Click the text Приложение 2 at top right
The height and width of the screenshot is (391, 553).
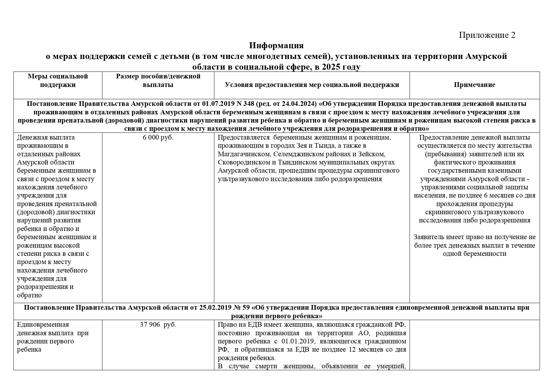487,35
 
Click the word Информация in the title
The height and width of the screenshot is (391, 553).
276,46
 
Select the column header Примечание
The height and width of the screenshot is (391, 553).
474,85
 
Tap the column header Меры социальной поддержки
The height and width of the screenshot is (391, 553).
58,80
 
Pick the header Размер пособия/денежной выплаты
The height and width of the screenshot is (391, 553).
158,80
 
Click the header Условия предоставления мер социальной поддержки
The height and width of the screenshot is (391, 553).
312,85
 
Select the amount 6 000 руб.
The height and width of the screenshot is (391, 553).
158,137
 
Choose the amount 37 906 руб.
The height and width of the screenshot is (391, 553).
158,325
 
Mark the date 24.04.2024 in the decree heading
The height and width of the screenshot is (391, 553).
299,104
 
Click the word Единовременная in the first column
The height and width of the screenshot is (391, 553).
43,325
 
